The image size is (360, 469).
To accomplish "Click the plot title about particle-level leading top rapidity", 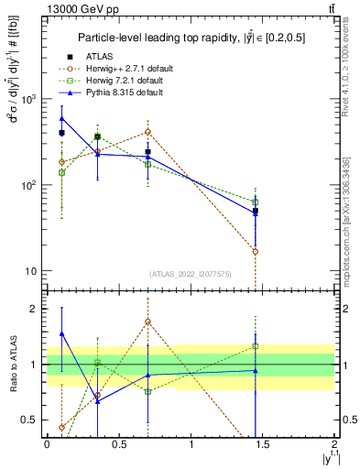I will [x=190, y=38].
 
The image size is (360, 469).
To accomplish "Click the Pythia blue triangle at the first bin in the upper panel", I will [x=61, y=118].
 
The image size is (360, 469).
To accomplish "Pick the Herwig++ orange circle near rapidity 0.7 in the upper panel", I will [x=147, y=131].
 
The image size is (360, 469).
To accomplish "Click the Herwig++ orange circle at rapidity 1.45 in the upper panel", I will [x=256, y=251].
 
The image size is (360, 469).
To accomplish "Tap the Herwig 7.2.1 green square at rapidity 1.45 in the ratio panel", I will [x=256, y=346].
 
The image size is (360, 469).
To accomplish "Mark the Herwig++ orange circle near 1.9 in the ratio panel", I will [x=147, y=322].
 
